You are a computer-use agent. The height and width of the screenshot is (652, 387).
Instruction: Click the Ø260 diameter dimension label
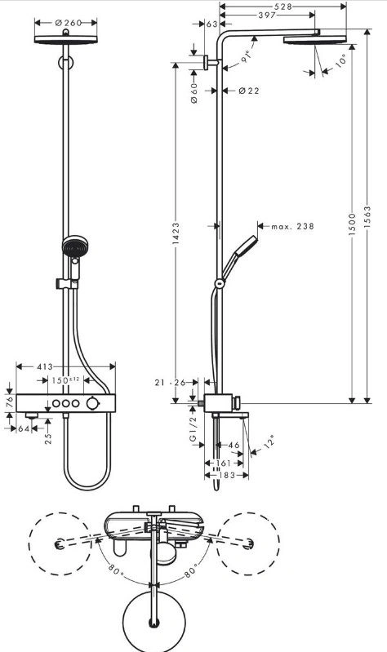(x=69, y=23)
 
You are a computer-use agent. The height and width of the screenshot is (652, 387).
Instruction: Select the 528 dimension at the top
(x=283, y=7)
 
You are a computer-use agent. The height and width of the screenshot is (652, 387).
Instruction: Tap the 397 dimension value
(x=267, y=16)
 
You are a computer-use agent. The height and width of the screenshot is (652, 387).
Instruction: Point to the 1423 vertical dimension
(x=176, y=234)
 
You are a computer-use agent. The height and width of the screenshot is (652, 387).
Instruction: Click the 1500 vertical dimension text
(x=353, y=224)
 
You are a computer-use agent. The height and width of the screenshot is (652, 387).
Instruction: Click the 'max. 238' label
(x=292, y=227)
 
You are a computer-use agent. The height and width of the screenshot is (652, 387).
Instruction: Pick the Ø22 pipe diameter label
(x=249, y=91)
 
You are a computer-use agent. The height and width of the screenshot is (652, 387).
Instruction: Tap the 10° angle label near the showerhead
(x=340, y=60)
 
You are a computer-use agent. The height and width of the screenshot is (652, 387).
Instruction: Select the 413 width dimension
(x=45, y=366)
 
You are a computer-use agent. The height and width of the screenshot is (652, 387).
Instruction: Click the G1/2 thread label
(x=193, y=429)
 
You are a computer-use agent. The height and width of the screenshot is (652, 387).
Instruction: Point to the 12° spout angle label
(x=269, y=441)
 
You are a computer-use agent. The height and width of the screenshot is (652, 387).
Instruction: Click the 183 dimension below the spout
(x=227, y=475)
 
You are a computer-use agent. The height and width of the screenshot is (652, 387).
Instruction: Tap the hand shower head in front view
(x=75, y=246)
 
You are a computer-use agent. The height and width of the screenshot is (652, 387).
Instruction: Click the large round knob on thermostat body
(x=93, y=403)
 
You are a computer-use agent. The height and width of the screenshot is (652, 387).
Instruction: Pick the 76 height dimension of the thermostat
(x=11, y=402)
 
